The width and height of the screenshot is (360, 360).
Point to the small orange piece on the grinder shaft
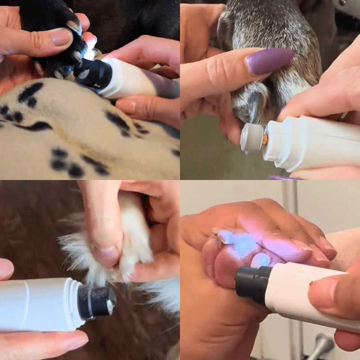[x=265, y=139]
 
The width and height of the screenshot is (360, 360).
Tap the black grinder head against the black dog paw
[x=92, y=72]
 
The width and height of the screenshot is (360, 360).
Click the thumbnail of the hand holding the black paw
[x=61, y=37]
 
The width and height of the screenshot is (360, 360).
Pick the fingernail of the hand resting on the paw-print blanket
[x=126, y=105]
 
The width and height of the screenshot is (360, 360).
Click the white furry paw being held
[x=130, y=238]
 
